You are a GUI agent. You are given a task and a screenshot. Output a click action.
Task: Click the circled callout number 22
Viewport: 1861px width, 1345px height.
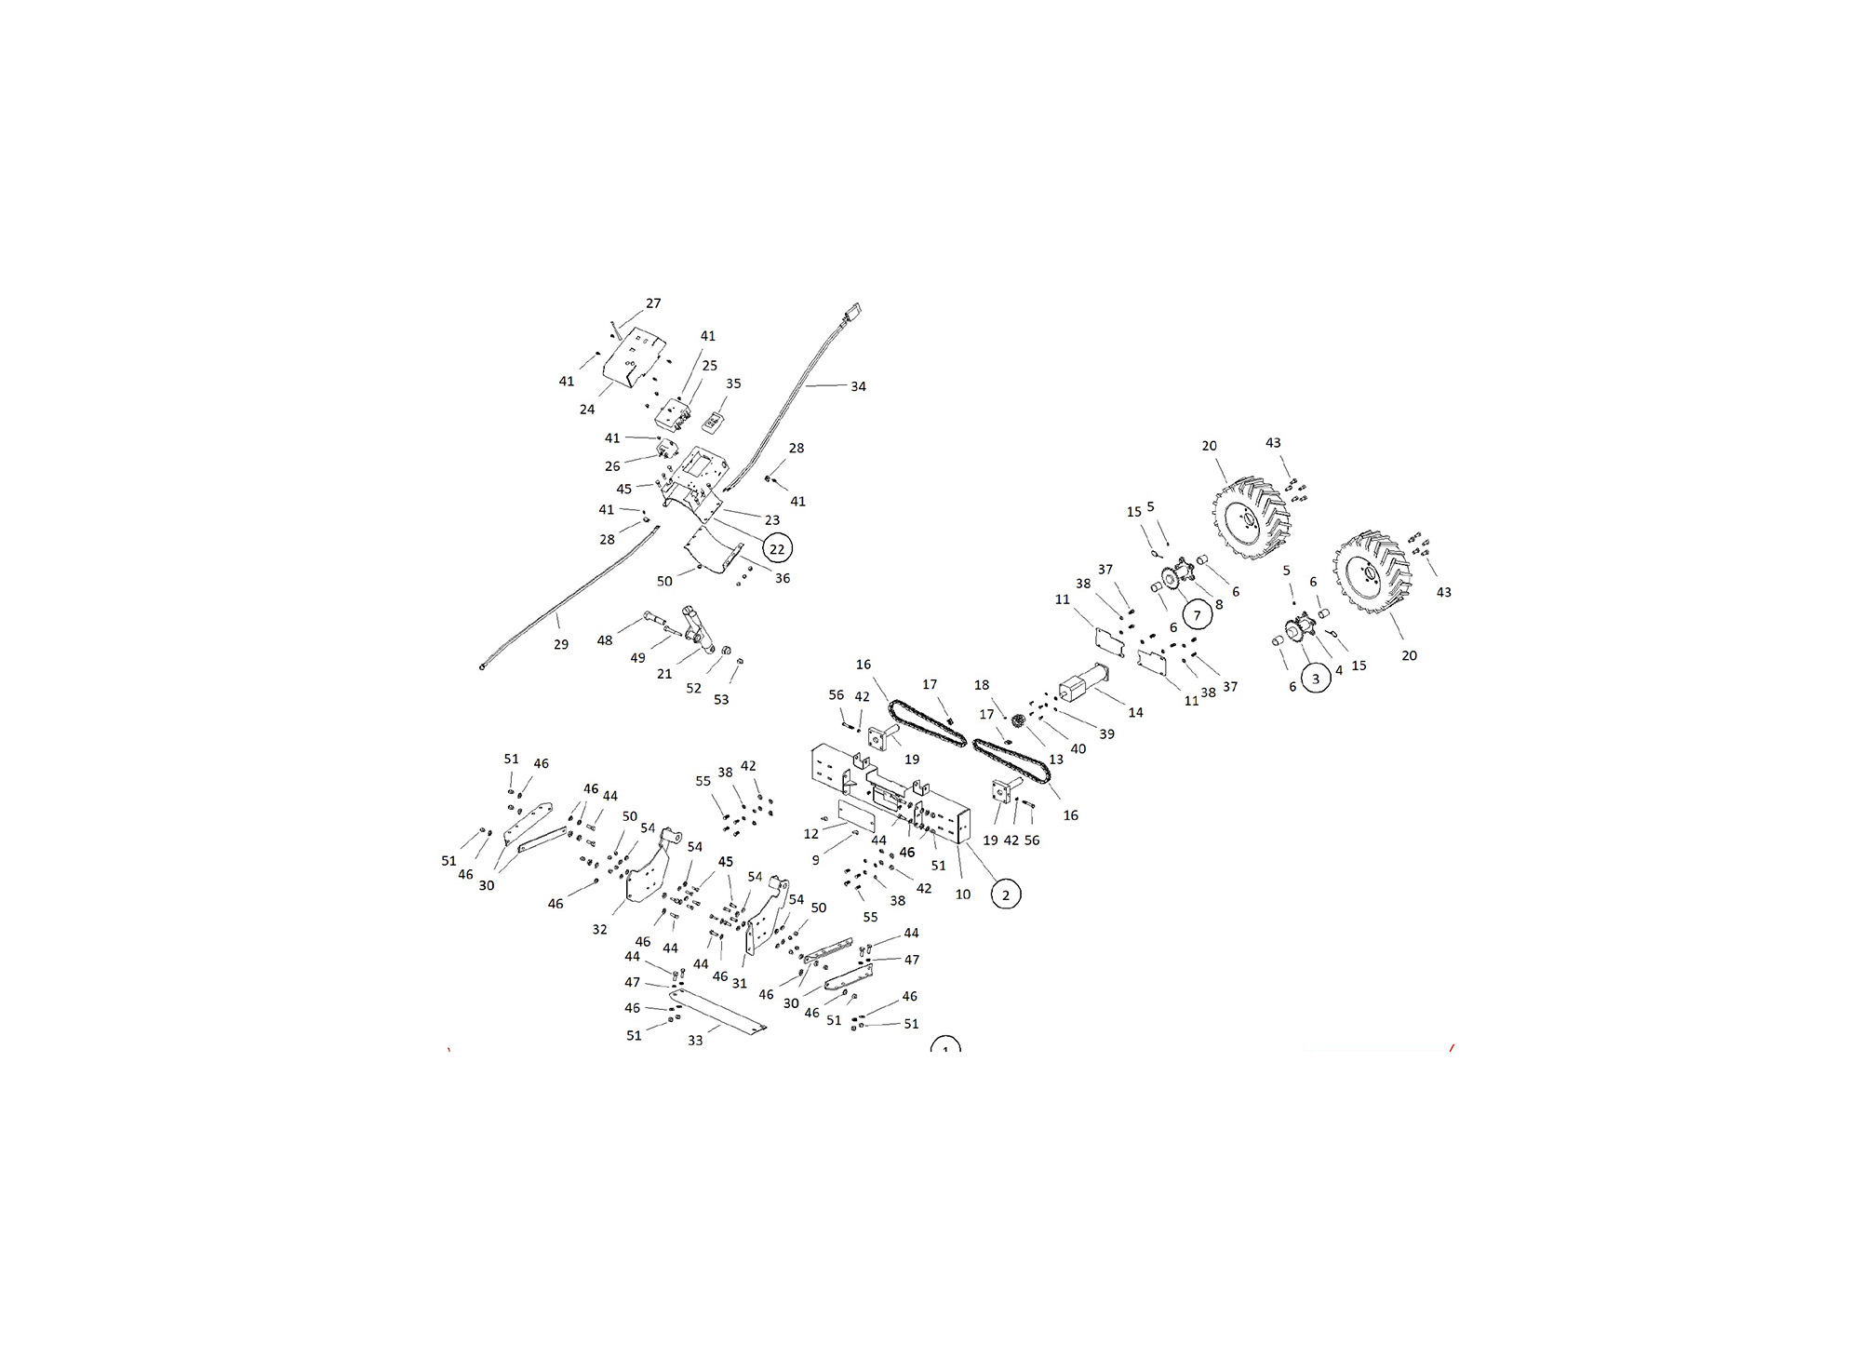click(x=777, y=549)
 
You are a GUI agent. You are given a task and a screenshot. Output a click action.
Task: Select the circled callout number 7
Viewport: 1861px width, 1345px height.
click(x=1197, y=614)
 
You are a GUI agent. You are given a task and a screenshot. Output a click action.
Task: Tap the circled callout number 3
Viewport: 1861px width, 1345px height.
click(x=1315, y=679)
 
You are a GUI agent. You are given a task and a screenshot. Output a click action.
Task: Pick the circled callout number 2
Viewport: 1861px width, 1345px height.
click(x=1005, y=894)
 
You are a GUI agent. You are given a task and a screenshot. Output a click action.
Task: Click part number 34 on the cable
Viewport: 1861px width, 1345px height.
click(x=858, y=386)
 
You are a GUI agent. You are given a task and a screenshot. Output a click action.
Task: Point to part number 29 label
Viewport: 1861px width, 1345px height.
click(x=560, y=644)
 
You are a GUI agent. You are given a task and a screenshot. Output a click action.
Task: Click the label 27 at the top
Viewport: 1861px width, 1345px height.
click(x=653, y=303)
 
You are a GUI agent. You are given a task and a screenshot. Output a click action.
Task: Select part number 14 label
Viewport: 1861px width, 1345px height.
click(x=1135, y=713)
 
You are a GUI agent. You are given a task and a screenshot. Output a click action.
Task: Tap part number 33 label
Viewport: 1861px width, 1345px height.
click(x=695, y=1041)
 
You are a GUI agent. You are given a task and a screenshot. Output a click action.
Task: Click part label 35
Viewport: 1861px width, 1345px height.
click(x=733, y=383)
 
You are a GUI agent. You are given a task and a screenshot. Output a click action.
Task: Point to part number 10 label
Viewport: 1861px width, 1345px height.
click(x=963, y=894)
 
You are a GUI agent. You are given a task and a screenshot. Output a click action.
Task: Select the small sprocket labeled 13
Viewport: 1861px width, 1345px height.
click(x=1018, y=720)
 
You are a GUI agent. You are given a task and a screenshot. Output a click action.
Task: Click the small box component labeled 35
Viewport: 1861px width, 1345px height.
click(x=714, y=422)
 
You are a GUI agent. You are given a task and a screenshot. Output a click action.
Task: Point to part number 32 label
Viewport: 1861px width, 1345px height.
click(x=599, y=929)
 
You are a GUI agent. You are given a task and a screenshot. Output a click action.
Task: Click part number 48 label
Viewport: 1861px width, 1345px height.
click(x=605, y=640)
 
